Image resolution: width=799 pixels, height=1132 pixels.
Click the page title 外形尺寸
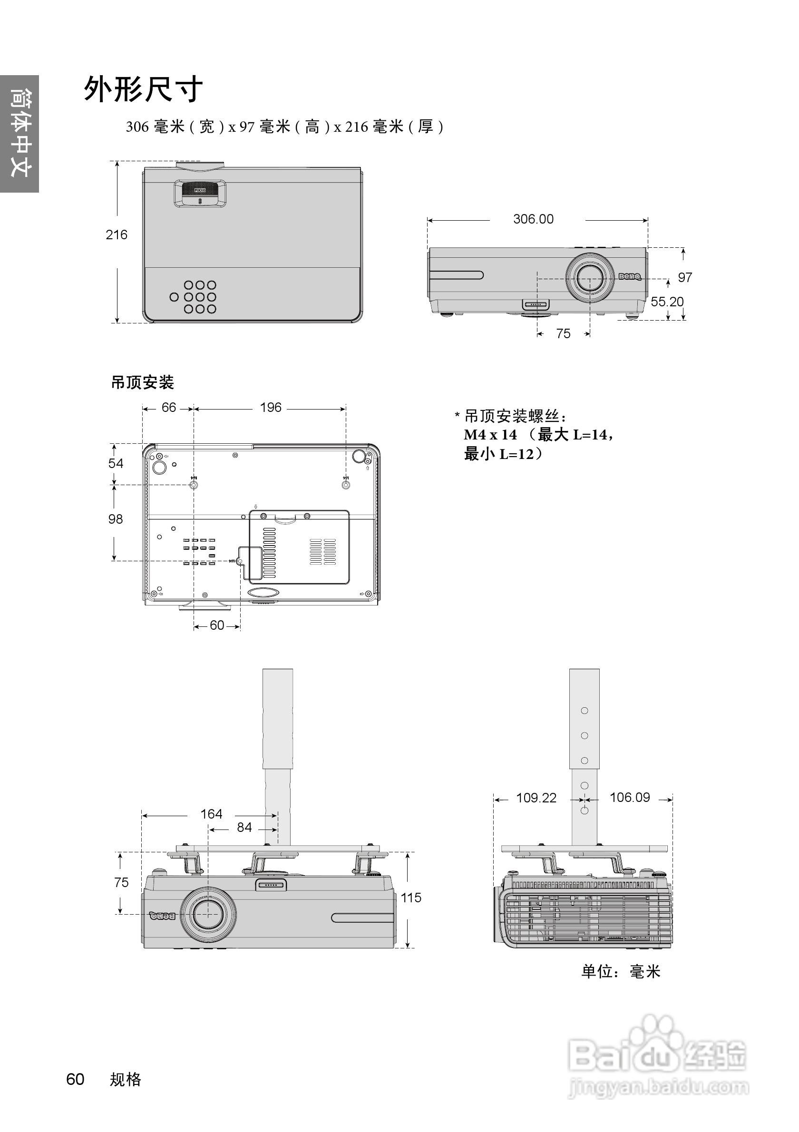[143, 90]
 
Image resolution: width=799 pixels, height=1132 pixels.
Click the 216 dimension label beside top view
[117, 234]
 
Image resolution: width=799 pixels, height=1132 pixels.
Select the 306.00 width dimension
[533, 219]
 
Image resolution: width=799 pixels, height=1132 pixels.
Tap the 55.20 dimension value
[666, 302]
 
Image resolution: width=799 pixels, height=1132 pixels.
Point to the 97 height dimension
[685, 278]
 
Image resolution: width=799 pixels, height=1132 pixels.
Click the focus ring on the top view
[200, 189]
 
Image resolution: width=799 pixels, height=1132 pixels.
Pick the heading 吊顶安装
[143, 382]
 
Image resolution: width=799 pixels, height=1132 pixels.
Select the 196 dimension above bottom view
[271, 407]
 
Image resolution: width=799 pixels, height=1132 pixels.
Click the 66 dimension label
[168, 407]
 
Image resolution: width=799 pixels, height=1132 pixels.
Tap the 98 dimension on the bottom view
[116, 519]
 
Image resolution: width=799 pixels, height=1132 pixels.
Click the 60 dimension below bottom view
[217, 625]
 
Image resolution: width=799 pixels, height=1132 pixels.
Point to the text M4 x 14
[490, 435]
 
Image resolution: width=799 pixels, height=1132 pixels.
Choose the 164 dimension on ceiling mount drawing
[211, 814]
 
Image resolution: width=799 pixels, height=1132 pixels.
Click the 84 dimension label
[244, 827]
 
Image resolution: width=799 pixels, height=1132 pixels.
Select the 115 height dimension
[410, 898]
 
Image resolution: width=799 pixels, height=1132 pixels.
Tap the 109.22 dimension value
[536, 798]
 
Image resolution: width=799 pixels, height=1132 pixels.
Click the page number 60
[76, 1079]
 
